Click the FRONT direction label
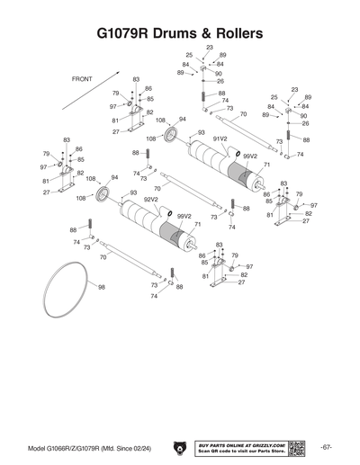tap(82, 79)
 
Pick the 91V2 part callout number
tap(220, 139)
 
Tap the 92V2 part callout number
tap(151, 200)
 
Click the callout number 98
tap(102, 288)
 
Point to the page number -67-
tap(326, 422)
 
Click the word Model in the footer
tap(37, 423)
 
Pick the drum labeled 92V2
tap(144, 220)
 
